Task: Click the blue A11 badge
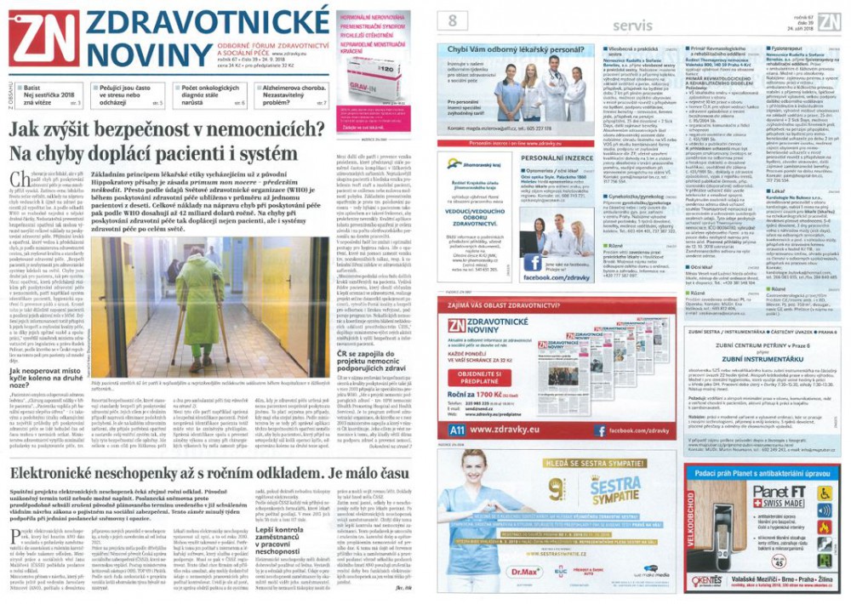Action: click(456, 430)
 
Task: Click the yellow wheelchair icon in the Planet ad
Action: click(824, 493)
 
